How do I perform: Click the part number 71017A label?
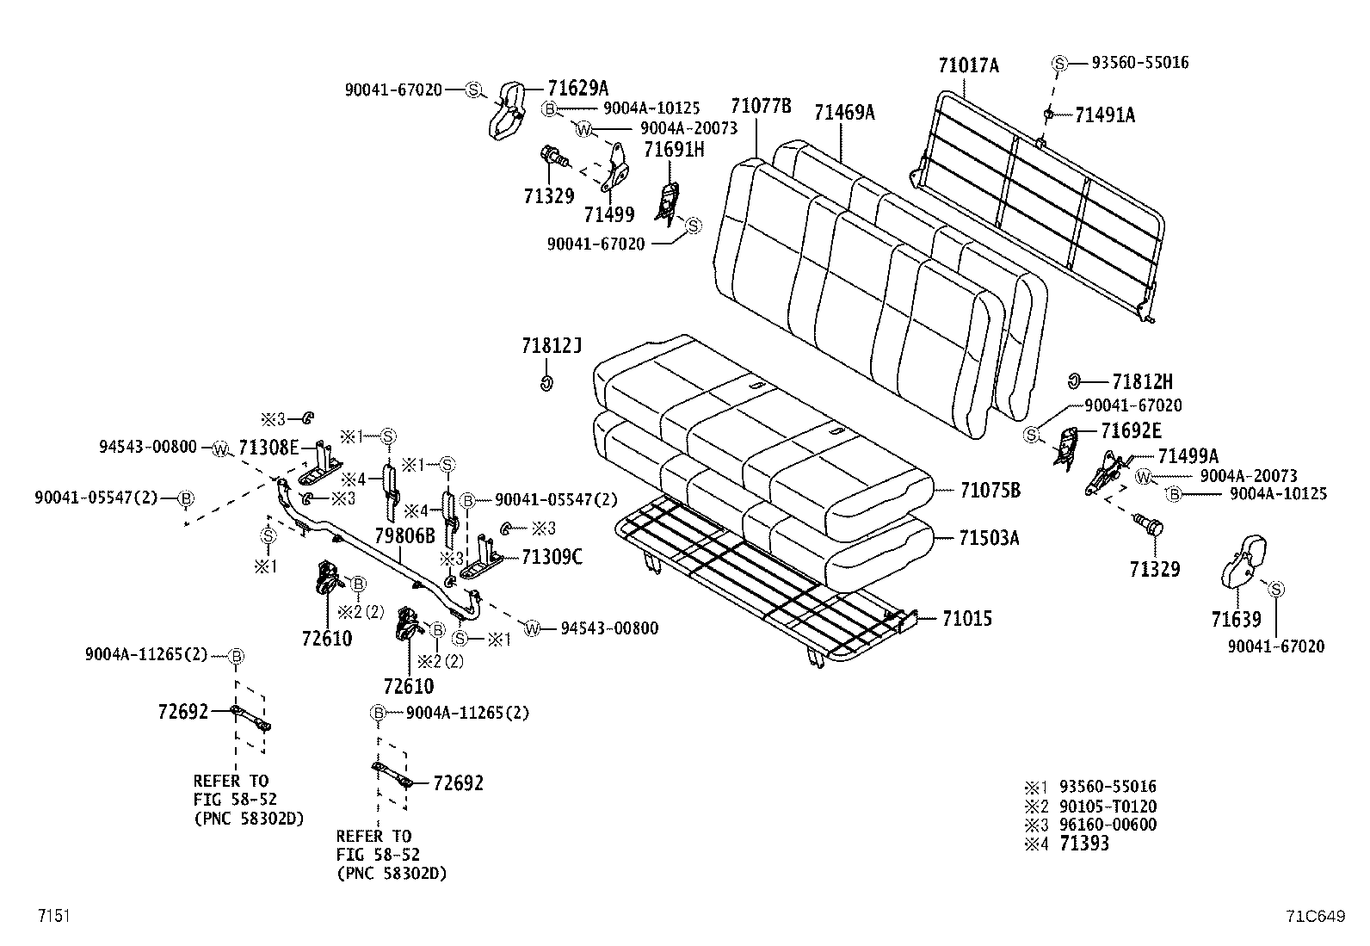coord(968,65)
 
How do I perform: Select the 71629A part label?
coord(577,88)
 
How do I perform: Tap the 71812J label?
coord(552,346)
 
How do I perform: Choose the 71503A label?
coord(989,538)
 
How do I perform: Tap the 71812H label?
coord(1142,380)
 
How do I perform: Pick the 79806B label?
coord(404,535)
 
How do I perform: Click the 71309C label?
coord(551,557)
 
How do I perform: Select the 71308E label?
coord(268,447)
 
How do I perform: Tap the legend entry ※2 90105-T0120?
coord(1089,807)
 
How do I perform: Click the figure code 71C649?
coord(1315,916)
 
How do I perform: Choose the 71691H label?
coord(674,149)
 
